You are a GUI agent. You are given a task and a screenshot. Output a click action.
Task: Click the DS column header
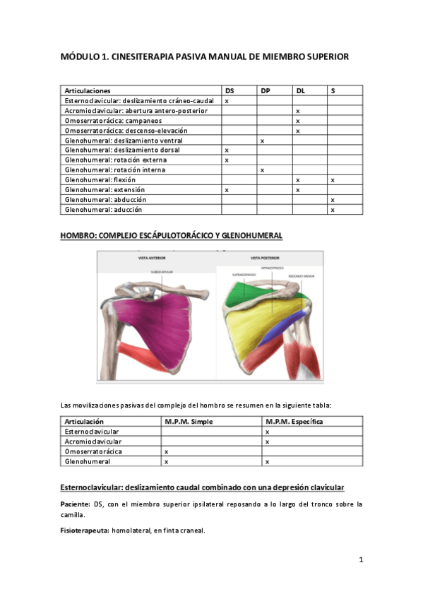[x=230, y=91]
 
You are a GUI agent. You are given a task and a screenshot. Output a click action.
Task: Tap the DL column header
[x=301, y=91]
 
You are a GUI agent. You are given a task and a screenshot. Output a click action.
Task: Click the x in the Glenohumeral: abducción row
[x=332, y=200]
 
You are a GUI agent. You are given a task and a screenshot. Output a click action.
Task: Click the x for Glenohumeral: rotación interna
[x=262, y=170]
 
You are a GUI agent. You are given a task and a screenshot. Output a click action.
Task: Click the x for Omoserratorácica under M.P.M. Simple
[x=166, y=451]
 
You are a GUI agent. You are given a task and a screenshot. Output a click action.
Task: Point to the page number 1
[x=361, y=560]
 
